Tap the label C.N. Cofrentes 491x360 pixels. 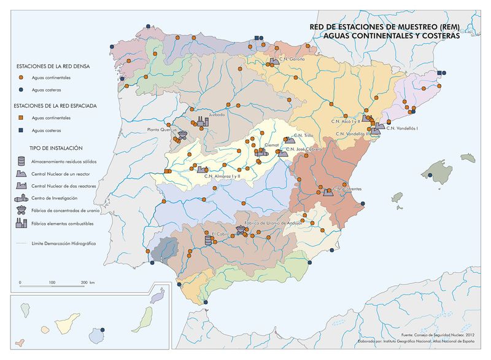(347, 189)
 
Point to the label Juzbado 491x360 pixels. (217, 114)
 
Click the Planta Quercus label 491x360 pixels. (162, 130)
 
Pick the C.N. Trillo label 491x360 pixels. (304, 135)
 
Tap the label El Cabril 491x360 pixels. (220, 234)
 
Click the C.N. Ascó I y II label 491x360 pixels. (347, 121)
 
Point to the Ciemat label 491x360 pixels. (271, 146)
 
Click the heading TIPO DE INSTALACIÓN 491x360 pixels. (55, 148)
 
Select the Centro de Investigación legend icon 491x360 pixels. (21, 198)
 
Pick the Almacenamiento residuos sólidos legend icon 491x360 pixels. (21, 160)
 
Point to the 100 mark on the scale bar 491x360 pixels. (52, 282)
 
